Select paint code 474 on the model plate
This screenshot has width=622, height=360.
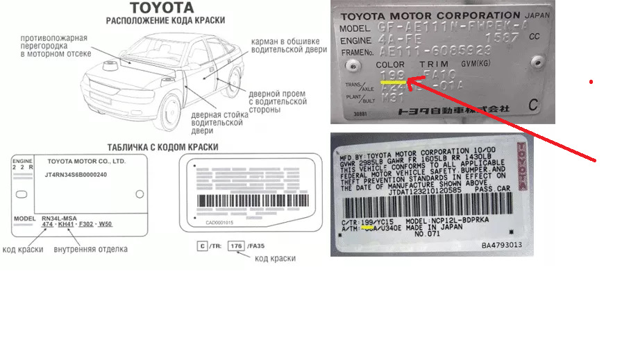click(x=47, y=224)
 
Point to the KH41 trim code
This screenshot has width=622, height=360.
click(x=67, y=224)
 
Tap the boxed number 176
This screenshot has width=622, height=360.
click(x=237, y=246)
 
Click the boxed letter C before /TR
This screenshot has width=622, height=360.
click(x=201, y=246)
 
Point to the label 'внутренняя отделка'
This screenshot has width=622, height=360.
click(x=90, y=249)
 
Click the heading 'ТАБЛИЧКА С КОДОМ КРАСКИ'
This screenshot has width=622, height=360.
click(x=162, y=147)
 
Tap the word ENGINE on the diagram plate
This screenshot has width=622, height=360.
click(x=22, y=161)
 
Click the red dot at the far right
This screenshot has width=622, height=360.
click(x=591, y=82)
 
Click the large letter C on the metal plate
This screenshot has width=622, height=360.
click(x=533, y=106)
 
